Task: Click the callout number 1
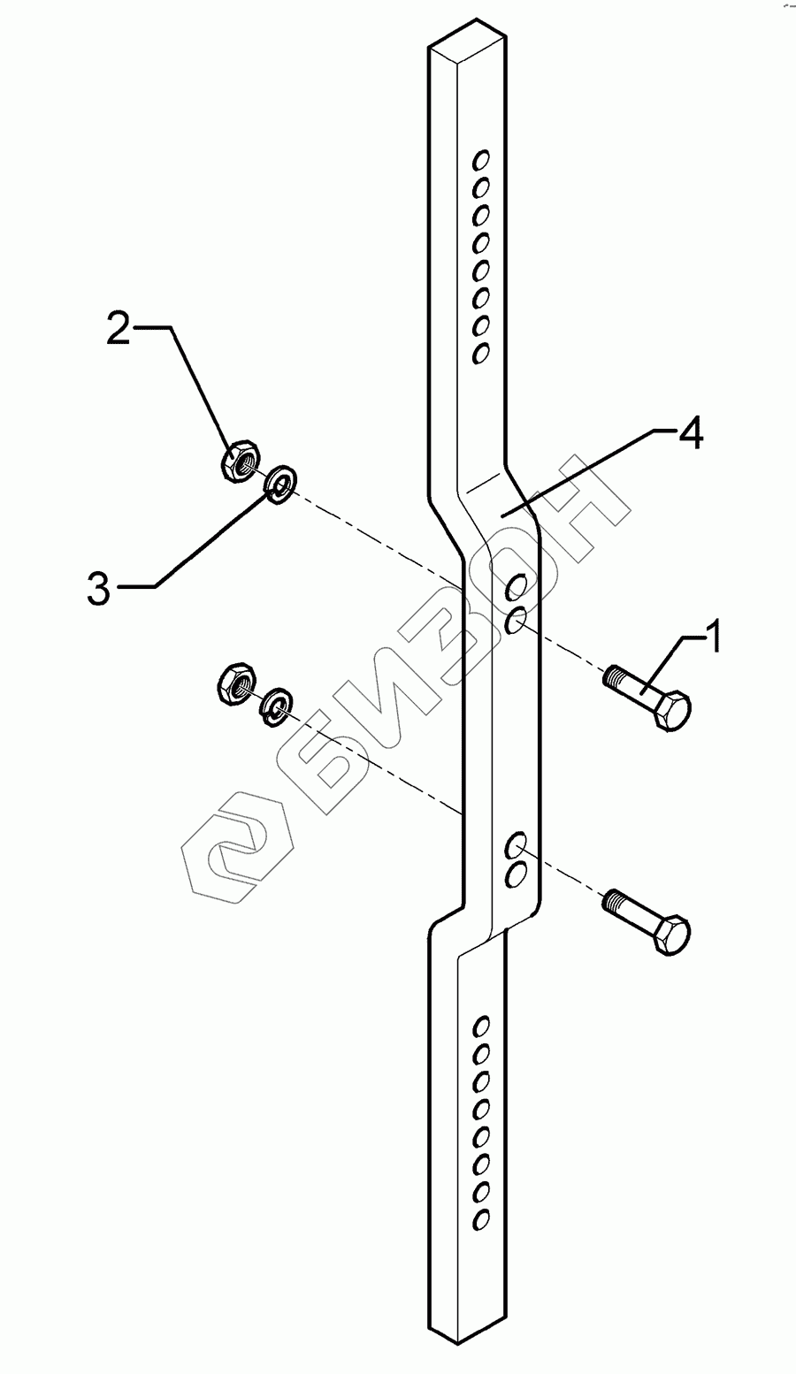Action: (x=711, y=636)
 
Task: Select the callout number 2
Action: (x=119, y=329)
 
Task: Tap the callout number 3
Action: (x=99, y=589)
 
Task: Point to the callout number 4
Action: (x=691, y=436)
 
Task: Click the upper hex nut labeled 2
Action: (x=239, y=462)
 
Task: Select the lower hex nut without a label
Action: (x=236, y=683)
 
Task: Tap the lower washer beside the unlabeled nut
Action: (x=277, y=705)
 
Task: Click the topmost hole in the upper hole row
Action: (x=481, y=160)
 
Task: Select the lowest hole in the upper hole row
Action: (x=481, y=353)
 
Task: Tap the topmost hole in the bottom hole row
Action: (x=482, y=1026)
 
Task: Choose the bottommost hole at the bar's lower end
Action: (x=482, y=1218)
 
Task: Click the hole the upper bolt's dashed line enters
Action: (x=517, y=621)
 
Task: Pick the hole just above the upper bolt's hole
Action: (x=517, y=586)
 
